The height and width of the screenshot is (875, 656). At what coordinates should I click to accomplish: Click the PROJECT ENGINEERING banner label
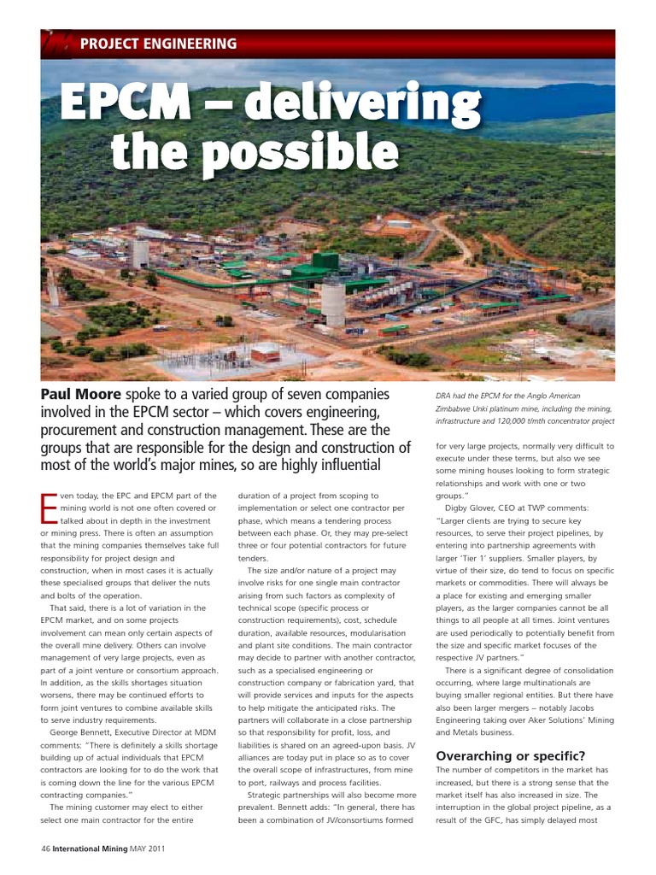[158, 43]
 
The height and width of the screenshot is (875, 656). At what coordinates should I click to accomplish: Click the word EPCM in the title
[125, 103]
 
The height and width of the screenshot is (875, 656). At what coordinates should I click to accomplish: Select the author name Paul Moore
[81, 395]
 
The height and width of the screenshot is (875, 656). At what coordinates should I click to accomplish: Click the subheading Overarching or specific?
[510, 755]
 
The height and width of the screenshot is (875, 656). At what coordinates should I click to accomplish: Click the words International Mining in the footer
[91, 849]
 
